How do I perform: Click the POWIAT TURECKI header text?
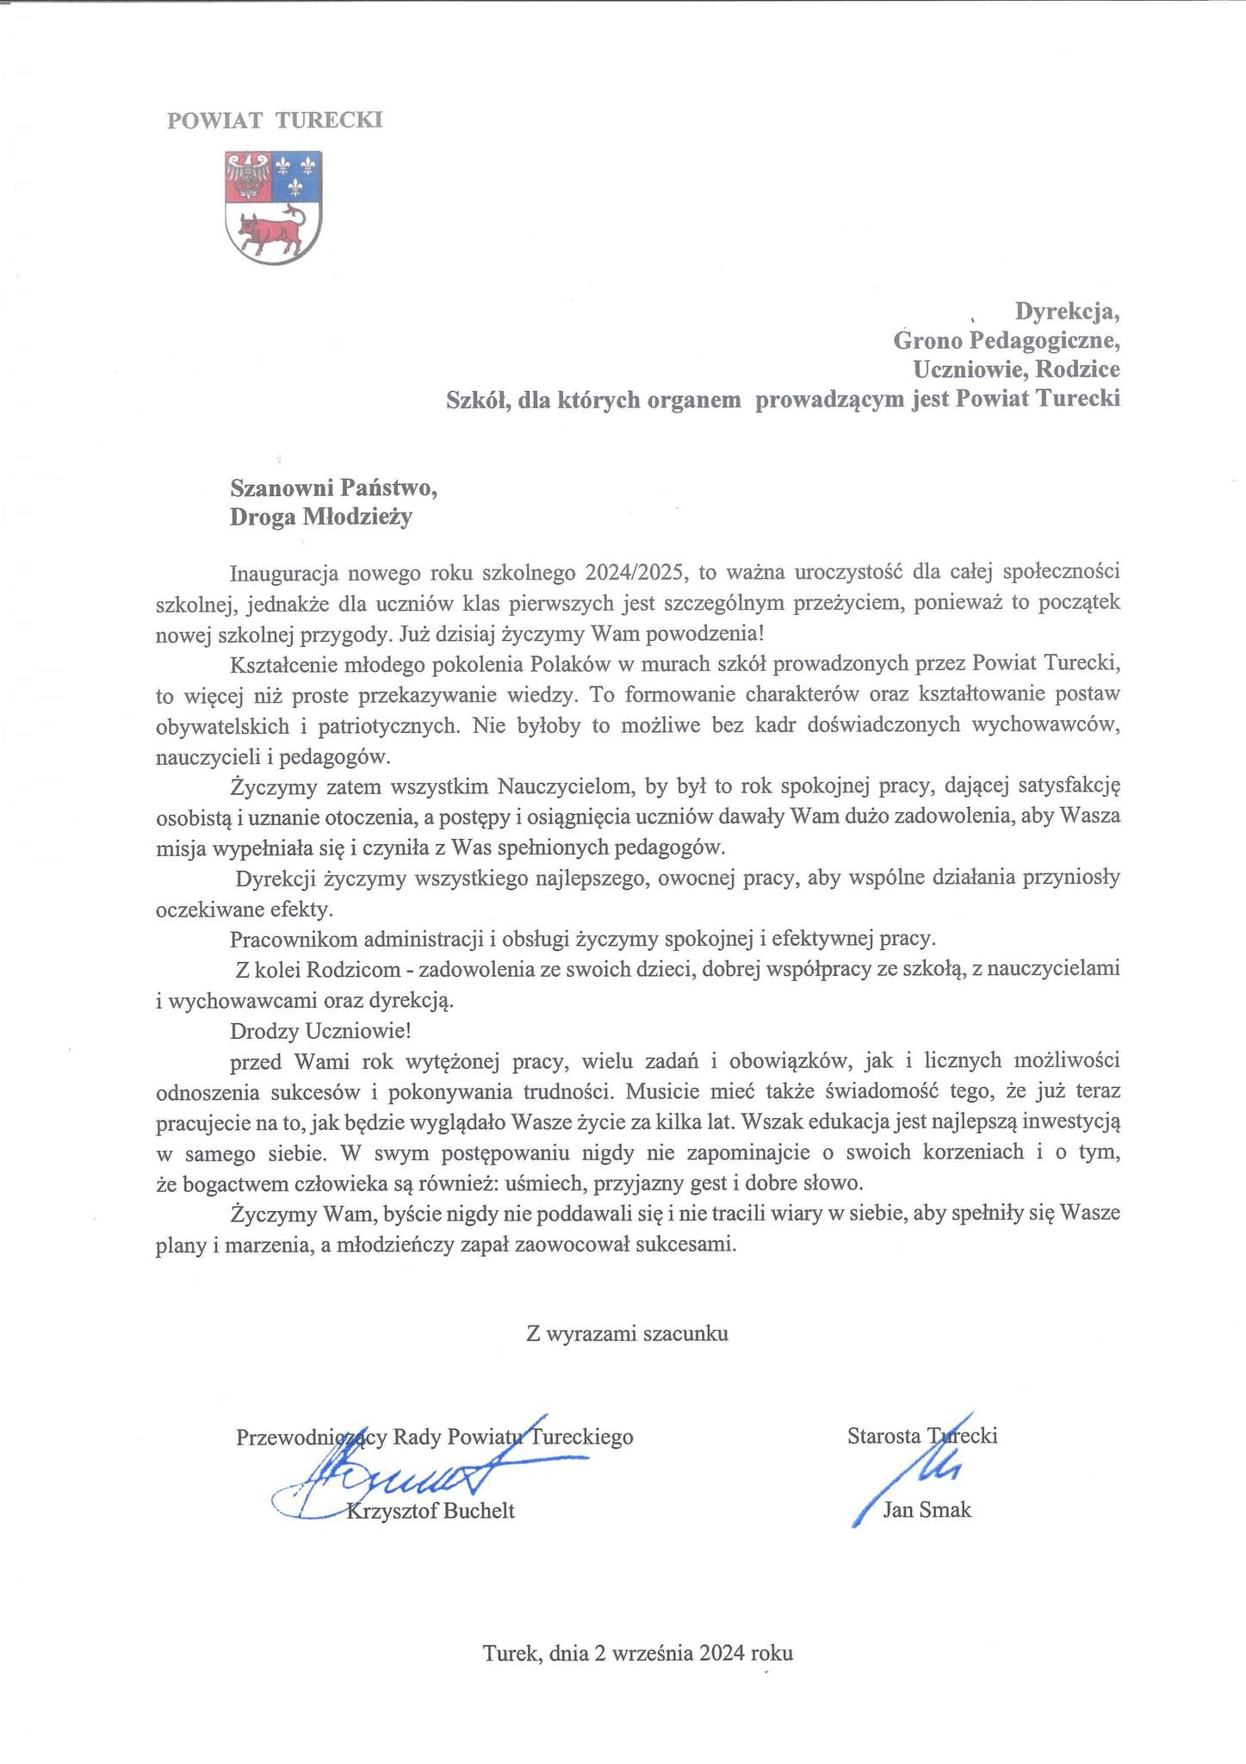(275, 121)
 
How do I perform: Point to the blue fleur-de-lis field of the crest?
(297, 176)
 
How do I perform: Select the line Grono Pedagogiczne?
(1006, 340)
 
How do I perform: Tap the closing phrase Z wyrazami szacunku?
(628, 1334)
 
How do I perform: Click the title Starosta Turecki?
(921, 1437)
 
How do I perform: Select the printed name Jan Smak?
(927, 1510)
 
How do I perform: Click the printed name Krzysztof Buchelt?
(430, 1511)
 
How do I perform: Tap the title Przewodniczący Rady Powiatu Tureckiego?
(434, 1437)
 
